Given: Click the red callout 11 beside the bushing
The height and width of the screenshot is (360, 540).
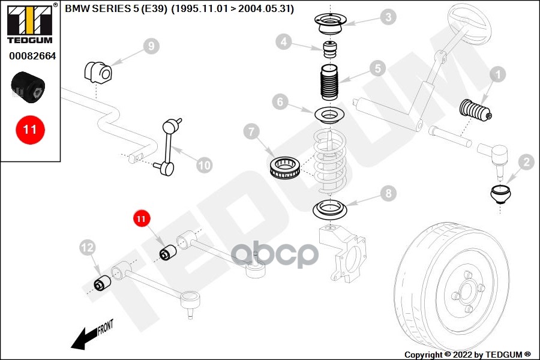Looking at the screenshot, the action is pyautogui.click(x=142, y=218).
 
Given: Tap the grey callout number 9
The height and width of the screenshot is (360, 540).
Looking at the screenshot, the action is pyautogui.click(x=151, y=46).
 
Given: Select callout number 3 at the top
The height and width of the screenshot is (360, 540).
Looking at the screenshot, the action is pyautogui.click(x=388, y=17).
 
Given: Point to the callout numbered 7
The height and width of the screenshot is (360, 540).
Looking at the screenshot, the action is pyautogui.click(x=251, y=131).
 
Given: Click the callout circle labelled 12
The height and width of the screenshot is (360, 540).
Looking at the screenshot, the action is pyautogui.click(x=88, y=247).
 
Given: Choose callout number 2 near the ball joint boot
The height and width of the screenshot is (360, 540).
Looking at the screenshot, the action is pyautogui.click(x=526, y=162).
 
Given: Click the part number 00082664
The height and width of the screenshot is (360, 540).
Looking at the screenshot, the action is pyautogui.click(x=32, y=56).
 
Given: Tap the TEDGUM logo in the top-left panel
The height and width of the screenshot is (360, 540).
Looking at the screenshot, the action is pyautogui.click(x=30, y=24).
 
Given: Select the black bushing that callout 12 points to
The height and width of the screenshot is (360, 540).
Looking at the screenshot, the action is pyautogui.click(x=103, y=283).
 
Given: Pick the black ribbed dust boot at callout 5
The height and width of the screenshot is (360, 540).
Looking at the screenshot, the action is pyautogui.click(x=329, y=82).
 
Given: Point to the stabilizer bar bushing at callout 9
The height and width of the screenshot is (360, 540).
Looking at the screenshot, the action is pyautogui.click(x=98, y=72).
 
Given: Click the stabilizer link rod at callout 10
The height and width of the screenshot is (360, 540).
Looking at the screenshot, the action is pyautogui.click(x=168, y=147).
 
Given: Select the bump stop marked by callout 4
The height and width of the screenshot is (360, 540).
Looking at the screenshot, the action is pyautogui.click(x=330, y=50).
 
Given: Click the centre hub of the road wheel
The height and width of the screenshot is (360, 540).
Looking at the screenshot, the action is pyautogui.click(x=469, y=290).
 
